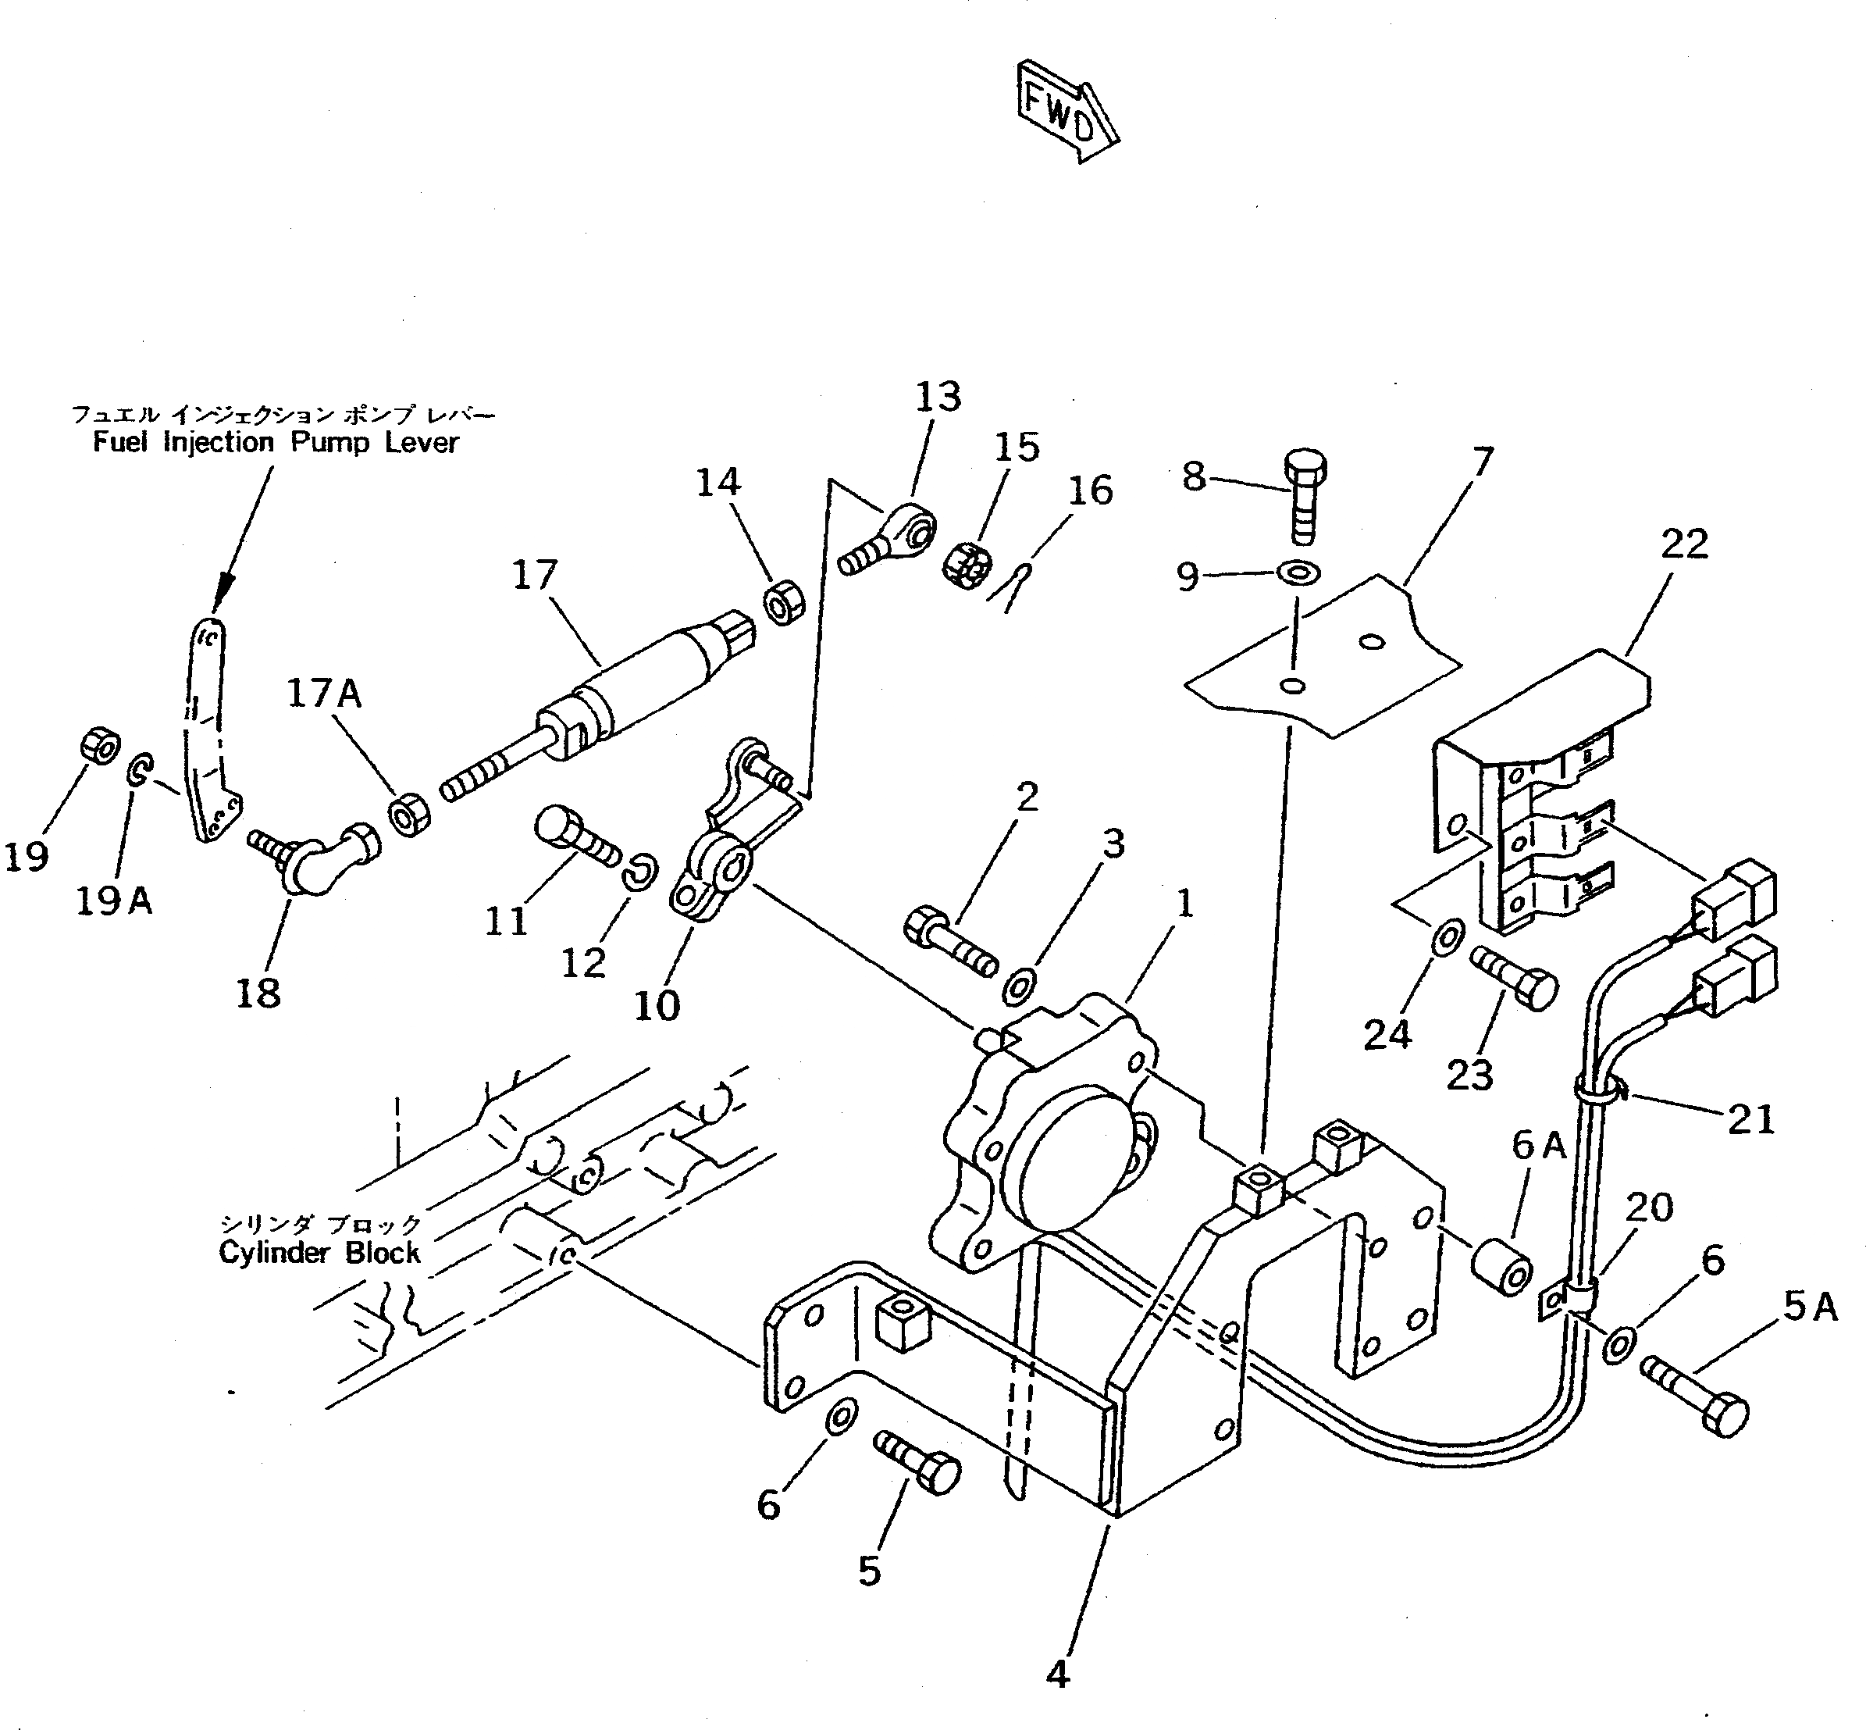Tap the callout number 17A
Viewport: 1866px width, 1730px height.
click(x=324, y=694)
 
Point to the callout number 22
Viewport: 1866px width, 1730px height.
click(x=1684, y=544)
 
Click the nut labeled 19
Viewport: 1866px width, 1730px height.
click(x=99, y=746)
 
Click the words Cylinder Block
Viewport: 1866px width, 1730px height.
click(x=319, y=1253)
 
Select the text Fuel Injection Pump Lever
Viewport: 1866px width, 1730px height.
click(x=276, y=443)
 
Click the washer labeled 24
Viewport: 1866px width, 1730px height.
click(x=1448, y=935)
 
